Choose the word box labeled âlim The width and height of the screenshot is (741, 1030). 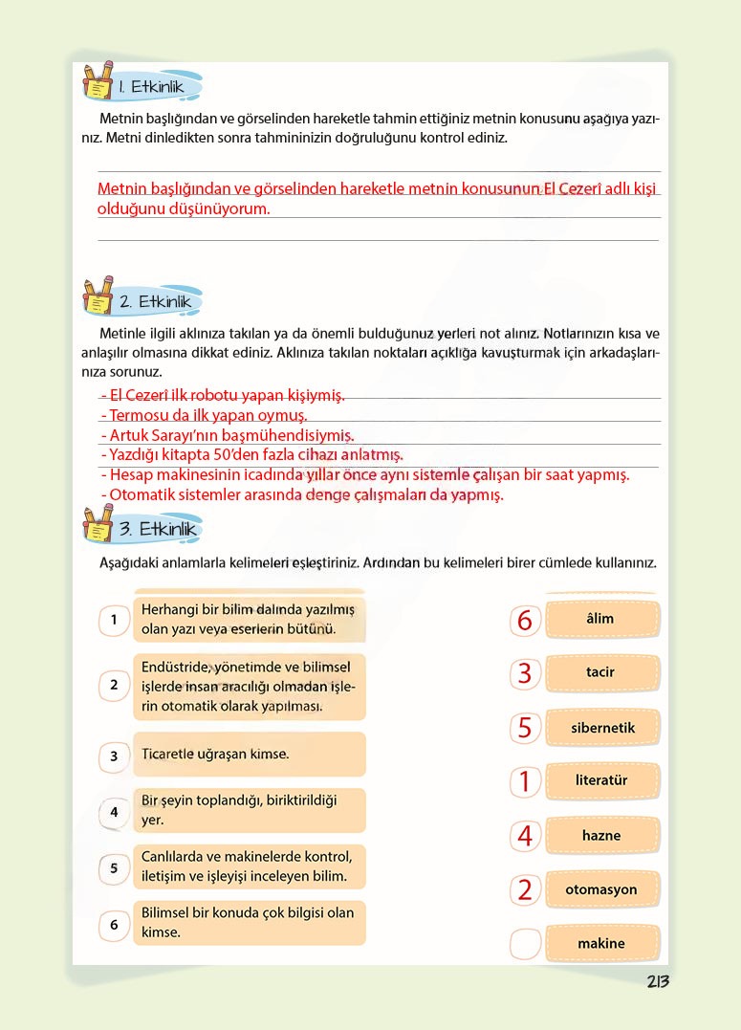(601, 619)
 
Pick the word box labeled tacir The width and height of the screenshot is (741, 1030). (601, 672)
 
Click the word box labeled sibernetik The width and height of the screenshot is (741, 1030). (601, 728)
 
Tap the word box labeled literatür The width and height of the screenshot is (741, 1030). (601, 780)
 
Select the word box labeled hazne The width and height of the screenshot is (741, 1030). (601, 835)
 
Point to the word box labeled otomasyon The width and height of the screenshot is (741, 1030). (601, 889)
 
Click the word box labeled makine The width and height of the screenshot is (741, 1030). (601, 943)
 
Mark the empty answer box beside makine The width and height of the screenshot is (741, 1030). (525, 943)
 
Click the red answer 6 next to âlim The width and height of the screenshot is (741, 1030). (524, 620)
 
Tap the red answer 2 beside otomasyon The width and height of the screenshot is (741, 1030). (524, 890)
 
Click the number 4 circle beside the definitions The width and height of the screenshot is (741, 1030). (114, 812)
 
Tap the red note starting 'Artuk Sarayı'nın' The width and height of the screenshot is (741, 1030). (227, 435)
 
